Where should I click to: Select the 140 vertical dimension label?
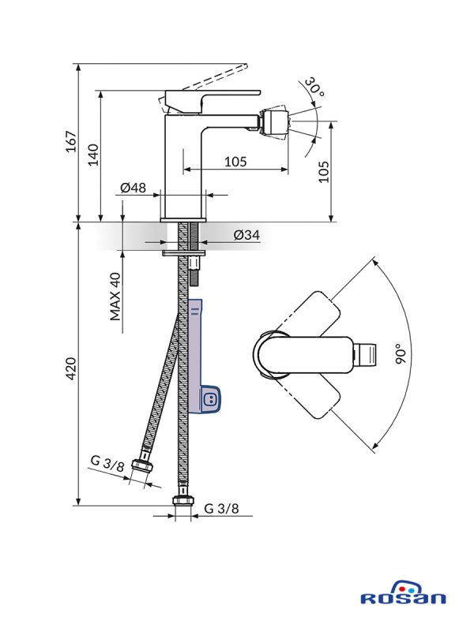coord(93,154)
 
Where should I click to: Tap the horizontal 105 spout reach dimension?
coord(235,162)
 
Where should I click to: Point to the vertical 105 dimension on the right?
coord(323,170)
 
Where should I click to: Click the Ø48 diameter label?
coord(133,188)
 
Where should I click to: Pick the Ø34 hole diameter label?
coord(247,235)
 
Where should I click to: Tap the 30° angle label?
coord(315,90)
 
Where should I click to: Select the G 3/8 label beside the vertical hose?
coord(220,509)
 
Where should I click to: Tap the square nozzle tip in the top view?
coord(364,354)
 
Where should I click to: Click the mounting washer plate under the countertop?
coord(182,254)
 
